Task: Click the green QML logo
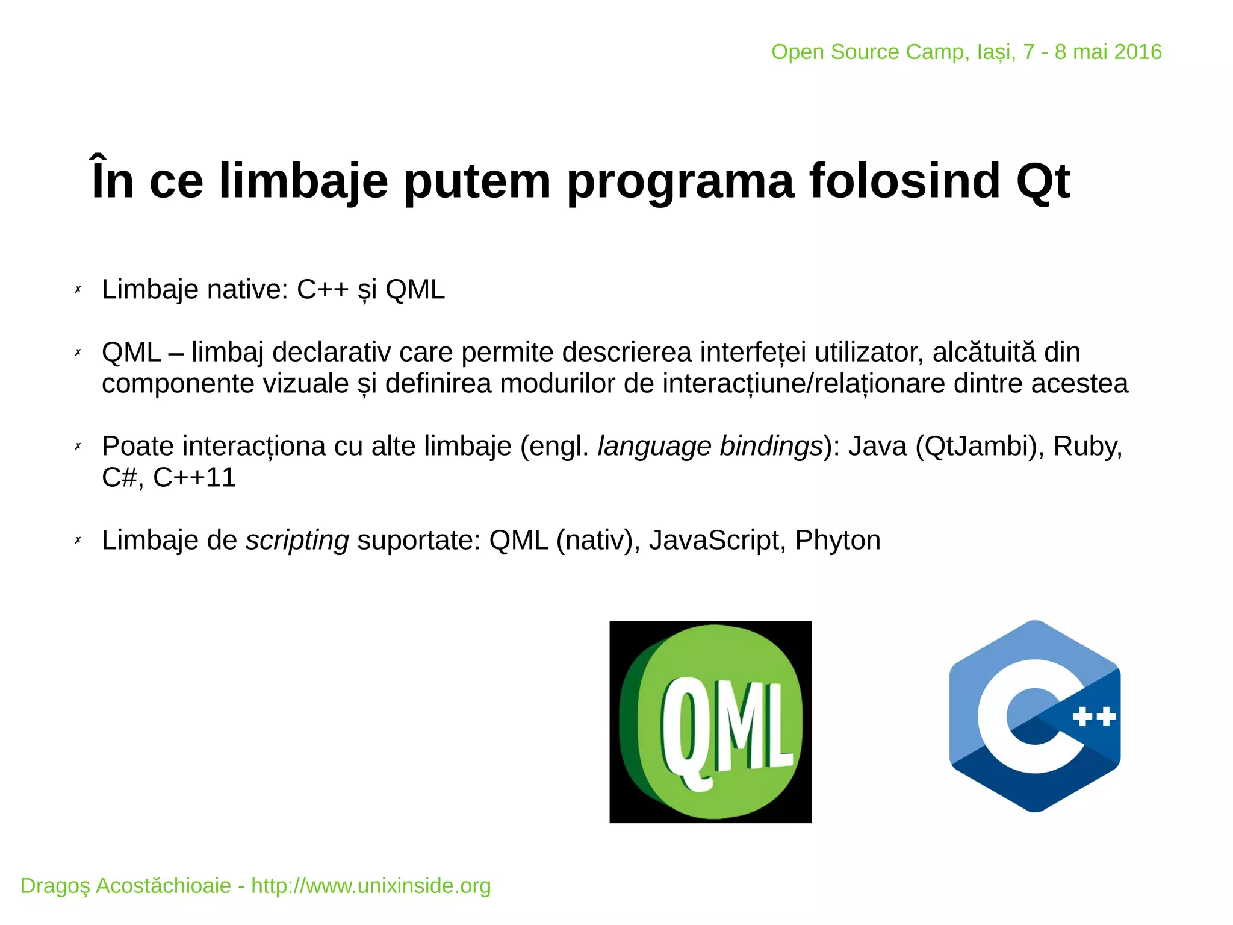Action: (710, 722)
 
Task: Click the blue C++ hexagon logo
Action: (1034, 716)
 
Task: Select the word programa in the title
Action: (680, 181)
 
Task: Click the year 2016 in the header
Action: (1138, 52)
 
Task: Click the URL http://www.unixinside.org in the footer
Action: (371, 886)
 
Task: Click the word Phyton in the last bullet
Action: (837, 540)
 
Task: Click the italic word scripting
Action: (297, 540)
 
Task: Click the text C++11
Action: (194, 477)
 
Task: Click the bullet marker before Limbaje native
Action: (78, 290)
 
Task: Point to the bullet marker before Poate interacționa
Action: (78, 447)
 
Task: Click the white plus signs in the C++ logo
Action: (1095, 716)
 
